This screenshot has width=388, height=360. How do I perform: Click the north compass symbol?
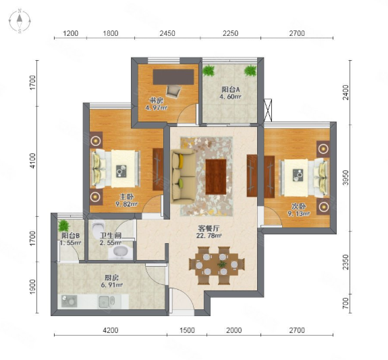coord(20,21)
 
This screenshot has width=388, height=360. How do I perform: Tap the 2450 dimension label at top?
coord(167,33)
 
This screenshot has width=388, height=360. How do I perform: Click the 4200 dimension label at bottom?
coord(111,330)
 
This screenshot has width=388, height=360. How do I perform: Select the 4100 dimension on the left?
coord(32,161)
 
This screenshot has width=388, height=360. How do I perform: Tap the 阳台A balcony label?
coord(231,89)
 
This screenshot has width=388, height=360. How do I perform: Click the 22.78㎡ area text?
coord(209,236)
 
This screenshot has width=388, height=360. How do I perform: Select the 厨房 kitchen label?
coord(112,278)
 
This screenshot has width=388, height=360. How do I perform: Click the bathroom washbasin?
coord(121,252)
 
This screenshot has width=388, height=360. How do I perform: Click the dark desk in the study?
coord(173,77)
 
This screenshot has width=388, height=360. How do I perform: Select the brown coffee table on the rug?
coord(216,177)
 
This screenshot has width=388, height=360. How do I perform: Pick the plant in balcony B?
coord(64,226)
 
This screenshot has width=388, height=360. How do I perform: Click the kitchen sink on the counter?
coord(107,301)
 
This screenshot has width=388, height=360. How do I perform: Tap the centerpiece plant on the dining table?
coord(222,264)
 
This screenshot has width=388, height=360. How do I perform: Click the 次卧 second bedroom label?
coord(298,206)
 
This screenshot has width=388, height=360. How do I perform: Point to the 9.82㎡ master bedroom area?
coord(127,204)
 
